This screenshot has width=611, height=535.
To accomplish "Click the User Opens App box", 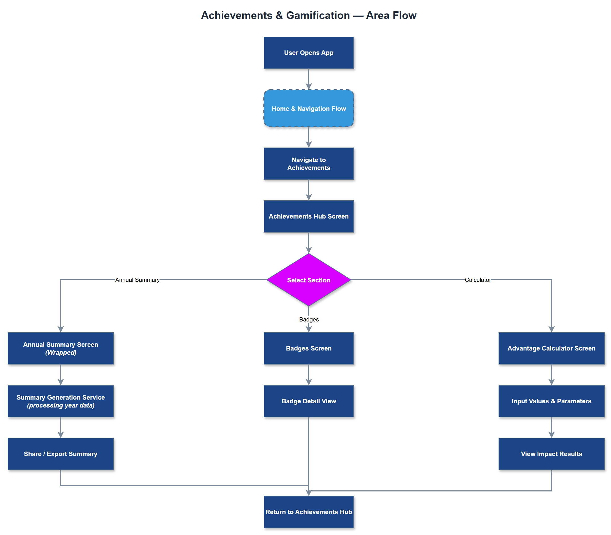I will click(308, 53).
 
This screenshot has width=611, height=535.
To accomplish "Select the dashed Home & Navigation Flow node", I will click(308, 108).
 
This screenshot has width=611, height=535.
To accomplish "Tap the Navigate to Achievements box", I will click(308, 164).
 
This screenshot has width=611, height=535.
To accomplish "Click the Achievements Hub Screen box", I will click(308, 216).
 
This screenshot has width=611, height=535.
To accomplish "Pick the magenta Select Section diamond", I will click(308, 280).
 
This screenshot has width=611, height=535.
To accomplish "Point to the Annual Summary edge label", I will click(137, 280).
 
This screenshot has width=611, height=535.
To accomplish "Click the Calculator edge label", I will click(477, 280).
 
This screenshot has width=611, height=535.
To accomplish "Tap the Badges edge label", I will click(309, 319).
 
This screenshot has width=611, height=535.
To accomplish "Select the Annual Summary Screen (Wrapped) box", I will click(61, 348).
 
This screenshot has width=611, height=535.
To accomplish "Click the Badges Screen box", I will click(308, 348).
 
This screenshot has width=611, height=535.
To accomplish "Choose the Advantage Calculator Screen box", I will click(551, 348).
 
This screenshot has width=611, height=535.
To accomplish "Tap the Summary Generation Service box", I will click(61, 401).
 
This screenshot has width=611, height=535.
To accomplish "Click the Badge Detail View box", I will click(308, 401).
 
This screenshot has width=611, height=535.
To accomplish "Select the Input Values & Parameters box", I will click(551, 401).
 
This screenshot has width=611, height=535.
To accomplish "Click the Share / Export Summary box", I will click(61, 453).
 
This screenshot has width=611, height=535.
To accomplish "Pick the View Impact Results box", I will click(551, 453).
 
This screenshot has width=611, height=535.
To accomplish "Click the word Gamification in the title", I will click(318, 15).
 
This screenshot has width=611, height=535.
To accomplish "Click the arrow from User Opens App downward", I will click(308, 78).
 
